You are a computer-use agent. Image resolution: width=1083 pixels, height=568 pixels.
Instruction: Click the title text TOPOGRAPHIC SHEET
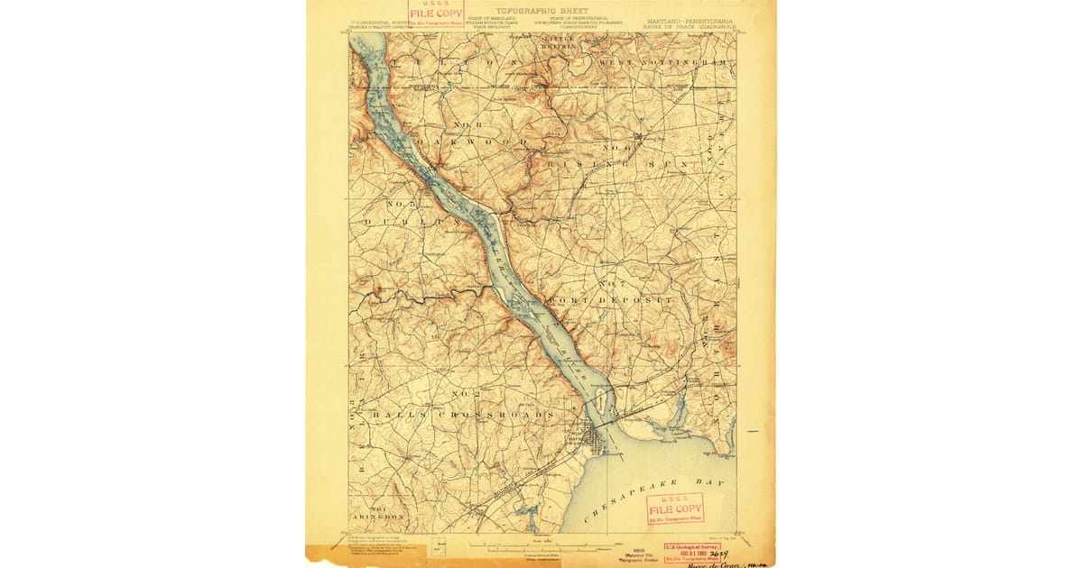(542, 11)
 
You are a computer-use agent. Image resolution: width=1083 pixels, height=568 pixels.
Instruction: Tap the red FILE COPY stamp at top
(436, 13)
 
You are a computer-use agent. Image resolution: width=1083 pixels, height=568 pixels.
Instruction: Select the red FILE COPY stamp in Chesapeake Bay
(675, 509)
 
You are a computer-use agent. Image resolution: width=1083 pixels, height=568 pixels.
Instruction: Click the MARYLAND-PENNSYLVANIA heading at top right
(688, 19)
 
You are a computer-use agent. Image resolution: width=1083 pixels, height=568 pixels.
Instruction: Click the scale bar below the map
(541, 546)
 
